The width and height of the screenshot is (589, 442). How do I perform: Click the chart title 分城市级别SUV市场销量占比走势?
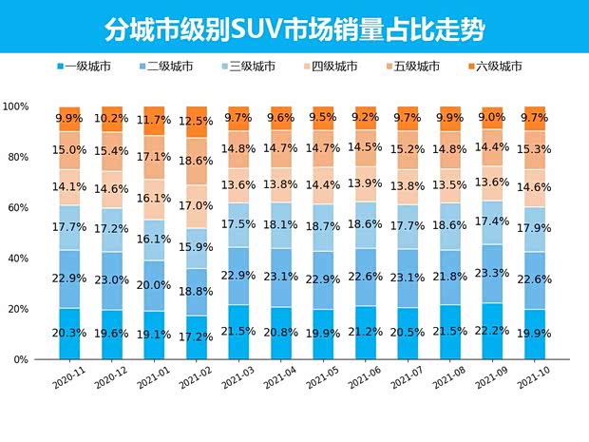[295, 29]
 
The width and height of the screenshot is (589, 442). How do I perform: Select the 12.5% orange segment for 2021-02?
[198, 122]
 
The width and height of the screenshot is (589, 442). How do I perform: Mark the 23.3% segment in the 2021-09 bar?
[493, 273]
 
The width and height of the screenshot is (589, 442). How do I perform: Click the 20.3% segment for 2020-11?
[70, 334]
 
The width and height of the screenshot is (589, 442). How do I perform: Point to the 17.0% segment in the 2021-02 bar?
[198, 205]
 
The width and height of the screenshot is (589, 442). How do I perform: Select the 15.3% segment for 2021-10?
[535, 149]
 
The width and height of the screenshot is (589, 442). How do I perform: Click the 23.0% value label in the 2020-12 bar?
[113, 280]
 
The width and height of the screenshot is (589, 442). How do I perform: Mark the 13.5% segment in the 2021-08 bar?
[450, 185]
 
